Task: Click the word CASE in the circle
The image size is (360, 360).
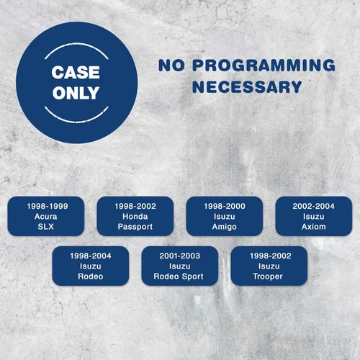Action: click(x=76, y=72)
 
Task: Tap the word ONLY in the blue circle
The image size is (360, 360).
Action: click(x=76, y=93)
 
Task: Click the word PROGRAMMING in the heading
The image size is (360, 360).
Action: click(x=264, y=66)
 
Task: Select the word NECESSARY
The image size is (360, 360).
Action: click(x=247, y=86)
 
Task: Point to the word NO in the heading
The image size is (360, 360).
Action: click(x=171, y=66)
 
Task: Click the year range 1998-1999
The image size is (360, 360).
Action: click(x=48, y=206)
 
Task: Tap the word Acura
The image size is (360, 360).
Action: click(x=46, y=217)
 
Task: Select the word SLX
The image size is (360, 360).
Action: click(x=46, y=227)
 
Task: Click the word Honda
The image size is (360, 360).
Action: click(x=135, y=217)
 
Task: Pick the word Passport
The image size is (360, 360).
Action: click(x=135, y=227)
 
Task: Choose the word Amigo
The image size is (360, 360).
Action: click(x=225, y=227)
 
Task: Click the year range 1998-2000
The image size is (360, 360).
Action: click(x=225, y=206)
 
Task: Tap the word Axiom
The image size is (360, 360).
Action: click(x=314, y=227)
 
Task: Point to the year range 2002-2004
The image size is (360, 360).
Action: click(x=313, y=206)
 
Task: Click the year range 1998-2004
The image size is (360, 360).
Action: click(x=91, y=256)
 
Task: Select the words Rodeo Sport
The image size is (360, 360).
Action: click(x=179, y=276)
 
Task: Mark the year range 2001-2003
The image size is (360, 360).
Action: click(x=180, y=256)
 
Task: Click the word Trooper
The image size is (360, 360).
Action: click(x=268, y=276)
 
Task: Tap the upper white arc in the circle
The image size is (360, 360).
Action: click(x=76, y=44)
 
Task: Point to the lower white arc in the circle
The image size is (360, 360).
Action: click(x=76, y=122)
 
